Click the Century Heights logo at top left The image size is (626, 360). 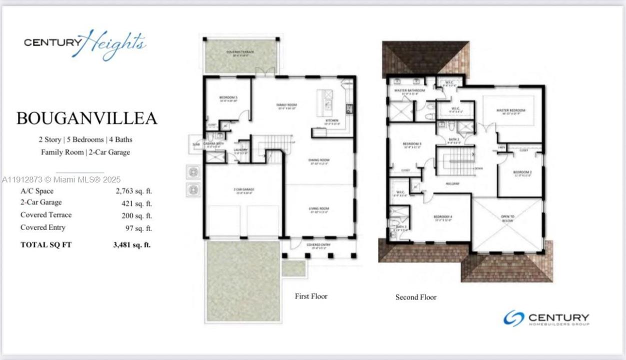[85, 43]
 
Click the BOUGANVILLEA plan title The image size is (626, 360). [87, 118]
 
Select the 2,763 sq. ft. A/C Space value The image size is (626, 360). [134, 191]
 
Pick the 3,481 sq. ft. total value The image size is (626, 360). [132, 245]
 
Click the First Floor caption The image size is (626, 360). [311, 296]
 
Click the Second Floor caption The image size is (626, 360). [416, 297]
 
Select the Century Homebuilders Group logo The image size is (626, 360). [546, 318]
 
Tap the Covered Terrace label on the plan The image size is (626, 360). [240, 52]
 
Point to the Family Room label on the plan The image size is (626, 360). [287, 104]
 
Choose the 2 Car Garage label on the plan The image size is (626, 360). [244, 189]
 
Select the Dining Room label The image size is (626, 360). [318, 160]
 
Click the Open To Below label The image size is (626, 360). [507, 218]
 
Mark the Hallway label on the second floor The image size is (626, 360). [452, 183]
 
